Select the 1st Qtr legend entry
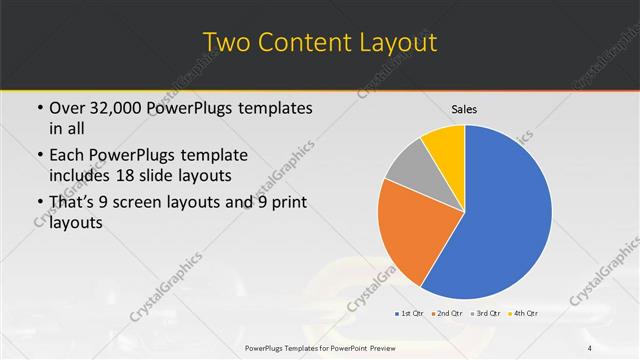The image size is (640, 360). click(410, 313)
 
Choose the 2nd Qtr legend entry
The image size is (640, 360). click(446, 313)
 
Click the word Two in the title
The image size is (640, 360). click(228, 43)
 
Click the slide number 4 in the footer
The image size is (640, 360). click(590, 347)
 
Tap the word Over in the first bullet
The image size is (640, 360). click(68, 108)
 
